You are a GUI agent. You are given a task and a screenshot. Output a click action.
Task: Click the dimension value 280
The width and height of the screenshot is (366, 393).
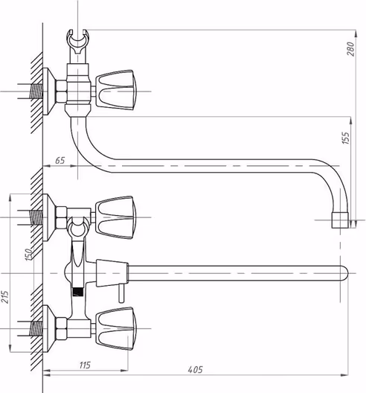pos(351,49)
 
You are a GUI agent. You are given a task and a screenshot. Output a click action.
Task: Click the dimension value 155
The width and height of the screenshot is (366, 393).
pos(345,138)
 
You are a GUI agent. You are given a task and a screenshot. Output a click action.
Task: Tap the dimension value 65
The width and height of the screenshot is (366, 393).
pos(60,161)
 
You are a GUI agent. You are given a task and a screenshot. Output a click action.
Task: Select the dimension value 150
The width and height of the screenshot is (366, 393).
pos(29,254)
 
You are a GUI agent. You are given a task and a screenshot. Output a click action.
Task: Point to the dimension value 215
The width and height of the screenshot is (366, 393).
pos(4,297)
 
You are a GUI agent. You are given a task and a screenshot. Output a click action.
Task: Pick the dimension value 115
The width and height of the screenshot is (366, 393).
pos(85,365)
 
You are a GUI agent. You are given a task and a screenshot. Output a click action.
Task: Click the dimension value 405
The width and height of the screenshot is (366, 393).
pos(196,369)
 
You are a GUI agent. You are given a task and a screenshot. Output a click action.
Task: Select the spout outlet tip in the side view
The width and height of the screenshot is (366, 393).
pos(340,220)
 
